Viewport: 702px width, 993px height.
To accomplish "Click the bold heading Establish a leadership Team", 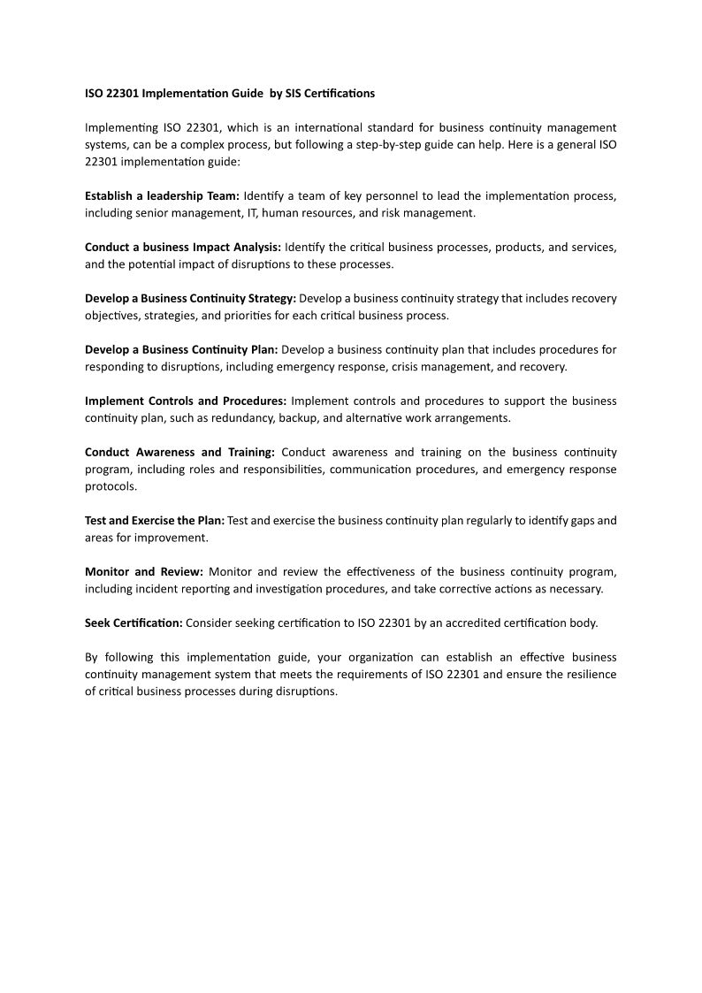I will point(162,196).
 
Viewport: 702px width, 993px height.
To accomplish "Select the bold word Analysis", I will point(256,248).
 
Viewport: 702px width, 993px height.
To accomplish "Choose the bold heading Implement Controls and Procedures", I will point(186,401).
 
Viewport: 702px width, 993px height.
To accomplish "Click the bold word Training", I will point(249,453).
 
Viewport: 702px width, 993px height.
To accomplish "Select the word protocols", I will point(111,486).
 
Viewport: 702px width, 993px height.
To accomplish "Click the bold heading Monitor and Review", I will point(144,572).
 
